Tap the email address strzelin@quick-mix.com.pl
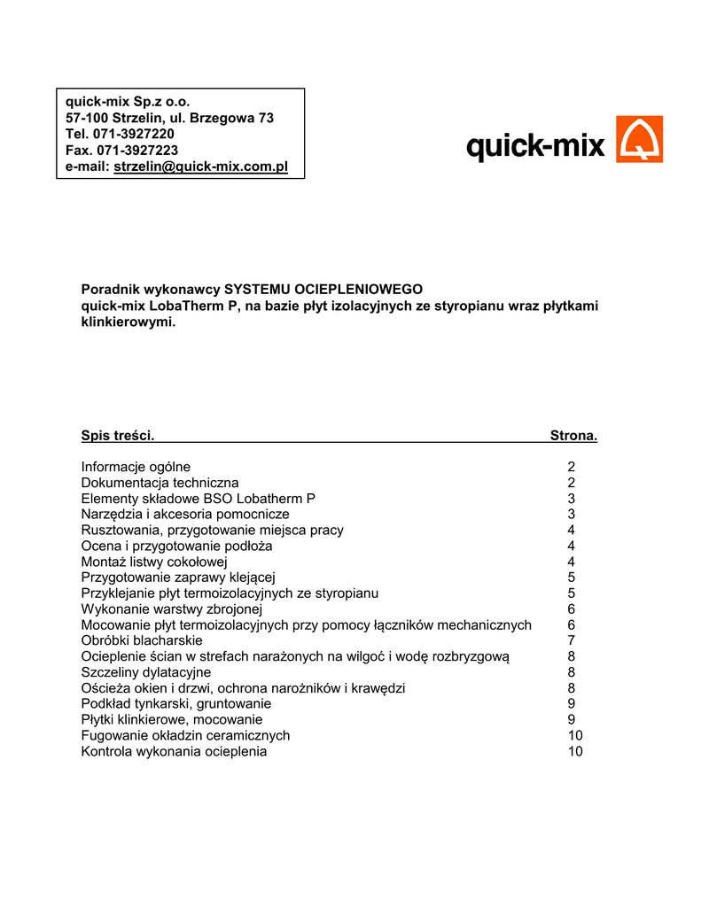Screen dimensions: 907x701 pos(201,167)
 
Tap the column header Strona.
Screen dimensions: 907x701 pos(573,435)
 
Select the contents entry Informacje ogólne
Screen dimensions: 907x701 pos(136,467)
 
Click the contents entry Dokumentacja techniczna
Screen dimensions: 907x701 pos(160,483)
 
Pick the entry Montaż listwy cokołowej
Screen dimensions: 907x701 pos(154,562)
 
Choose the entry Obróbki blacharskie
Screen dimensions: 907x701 pos(142,640)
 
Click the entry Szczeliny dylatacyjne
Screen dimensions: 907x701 pos(146,672)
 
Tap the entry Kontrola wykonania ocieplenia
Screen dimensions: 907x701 pos(174,751)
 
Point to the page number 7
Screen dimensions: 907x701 pos(572,640)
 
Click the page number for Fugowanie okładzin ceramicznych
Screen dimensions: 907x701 pos(575,735)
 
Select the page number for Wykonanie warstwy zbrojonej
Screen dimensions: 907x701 pos(572,609)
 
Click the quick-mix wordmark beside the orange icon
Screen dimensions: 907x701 pos(535,145)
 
